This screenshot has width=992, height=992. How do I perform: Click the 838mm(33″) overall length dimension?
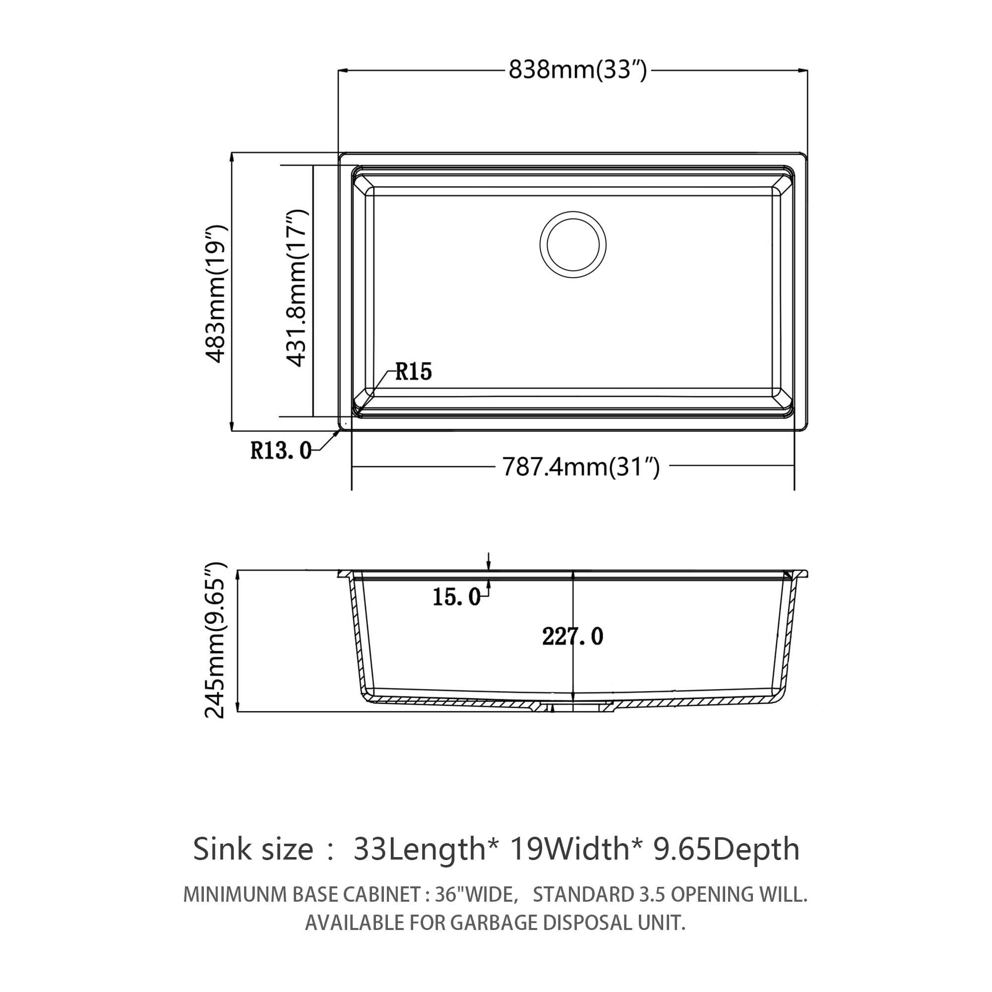[x=577, y=70]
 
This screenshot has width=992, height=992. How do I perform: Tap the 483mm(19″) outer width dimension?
[x=216, y=293]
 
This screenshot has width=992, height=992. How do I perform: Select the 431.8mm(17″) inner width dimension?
[x=296, y=288]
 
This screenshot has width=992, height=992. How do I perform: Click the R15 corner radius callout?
[x=413, y=371]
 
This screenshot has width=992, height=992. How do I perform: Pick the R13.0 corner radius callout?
[x=280, y=451]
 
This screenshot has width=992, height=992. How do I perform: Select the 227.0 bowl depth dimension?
[x=572, y=637]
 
